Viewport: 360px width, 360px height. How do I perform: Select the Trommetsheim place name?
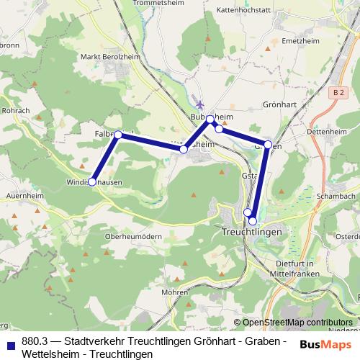159,3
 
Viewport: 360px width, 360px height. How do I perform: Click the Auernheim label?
19,195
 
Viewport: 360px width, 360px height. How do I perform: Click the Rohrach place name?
15,111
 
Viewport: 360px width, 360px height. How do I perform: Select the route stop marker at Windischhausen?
91,182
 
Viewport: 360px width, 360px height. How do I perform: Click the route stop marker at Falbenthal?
118,135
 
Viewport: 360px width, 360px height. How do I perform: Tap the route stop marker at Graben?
268,145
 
